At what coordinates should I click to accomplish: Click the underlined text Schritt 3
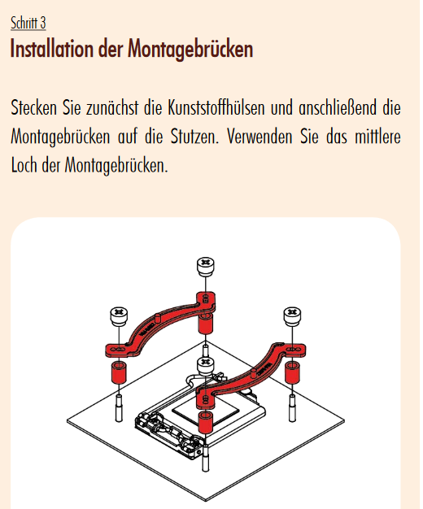click(28, 23)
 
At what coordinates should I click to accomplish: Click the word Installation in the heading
click(52, 49)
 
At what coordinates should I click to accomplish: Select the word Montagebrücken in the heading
click(190, 49)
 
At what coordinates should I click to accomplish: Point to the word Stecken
click(34, 107)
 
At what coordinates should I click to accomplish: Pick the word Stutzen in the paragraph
click(194, 137)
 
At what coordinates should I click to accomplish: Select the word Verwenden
click(260, 137)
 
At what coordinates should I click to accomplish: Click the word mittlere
click(377, 137)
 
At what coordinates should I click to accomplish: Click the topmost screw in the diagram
click(205, 267)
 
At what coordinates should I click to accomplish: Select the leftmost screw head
click(119, 316)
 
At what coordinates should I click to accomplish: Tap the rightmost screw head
click(292, 316)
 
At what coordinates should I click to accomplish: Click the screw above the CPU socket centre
click(205, 367)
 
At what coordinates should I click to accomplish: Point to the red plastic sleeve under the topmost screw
click(205, 324)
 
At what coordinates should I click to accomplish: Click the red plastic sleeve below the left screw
click(119, 372)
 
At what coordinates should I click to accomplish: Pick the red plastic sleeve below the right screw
click(292, 372)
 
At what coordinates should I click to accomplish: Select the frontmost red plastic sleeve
click(205, 422)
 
